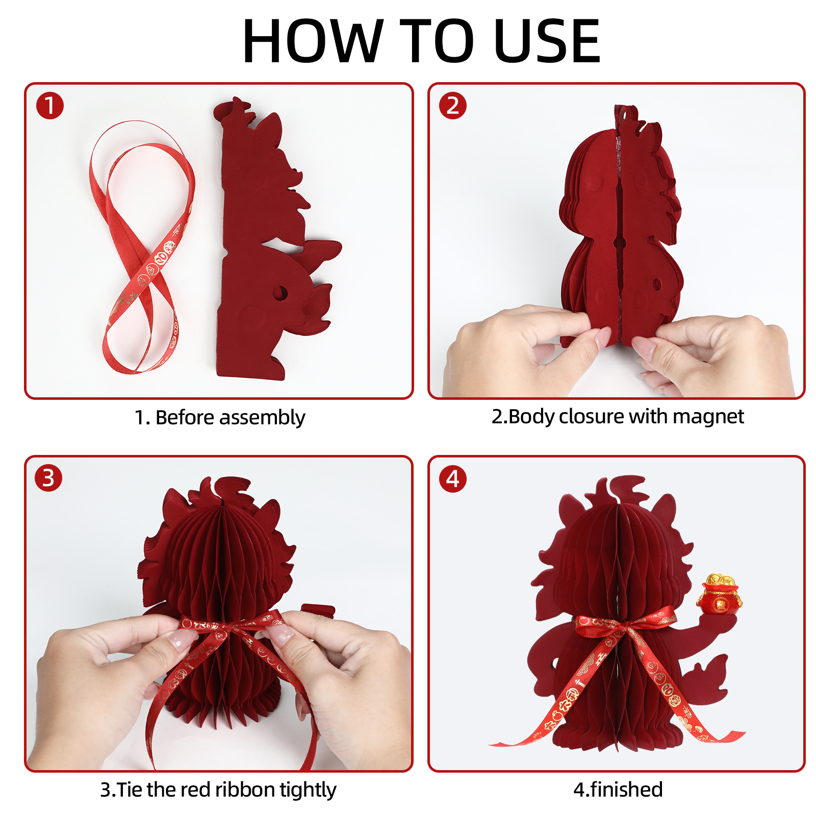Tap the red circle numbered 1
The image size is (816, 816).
49,106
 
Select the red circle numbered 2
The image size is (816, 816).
452,106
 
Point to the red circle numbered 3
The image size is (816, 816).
48,478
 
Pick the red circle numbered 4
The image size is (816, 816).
452,479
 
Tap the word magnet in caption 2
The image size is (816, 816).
708,417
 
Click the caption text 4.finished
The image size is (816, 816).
618,789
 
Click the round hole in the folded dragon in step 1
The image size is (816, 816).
279,293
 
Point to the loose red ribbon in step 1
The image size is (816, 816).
142,247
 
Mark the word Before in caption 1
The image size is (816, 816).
185,417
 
